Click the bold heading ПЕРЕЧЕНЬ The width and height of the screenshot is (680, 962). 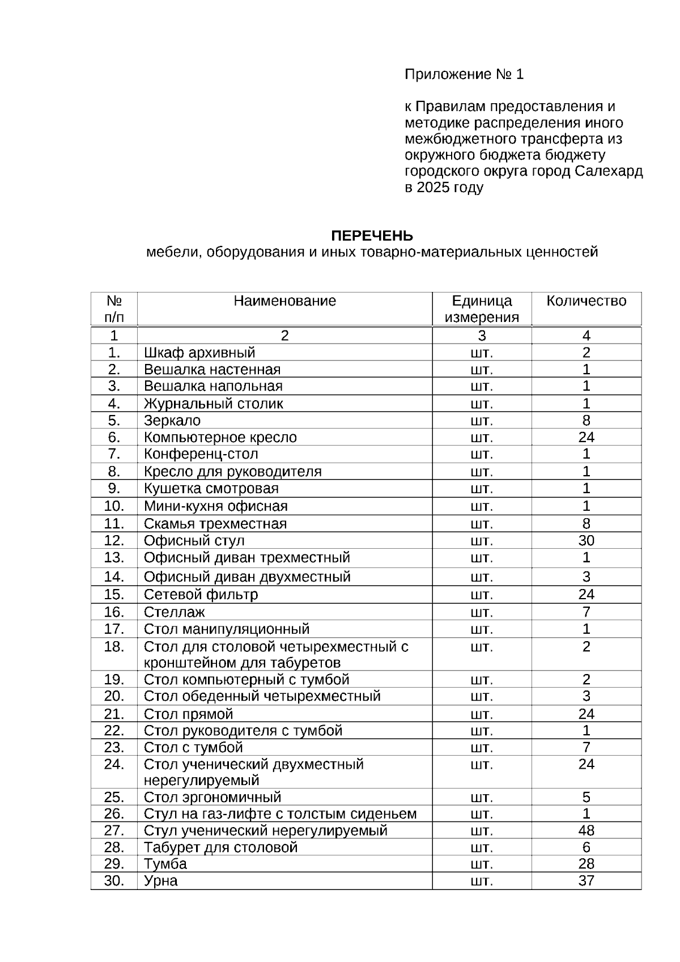pyautogui.click(x=372, y=235)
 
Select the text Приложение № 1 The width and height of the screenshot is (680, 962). pyautogui.click(x=464, y=74)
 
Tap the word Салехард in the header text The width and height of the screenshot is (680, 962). pyautogui.click(x=609, y=171)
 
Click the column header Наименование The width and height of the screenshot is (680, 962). pyautogui.click(x=284, y=300)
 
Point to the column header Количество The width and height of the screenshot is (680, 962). pyautogui.click(x=586, y=300)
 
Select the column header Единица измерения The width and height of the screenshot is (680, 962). pyautogui.click(x=482, y=308)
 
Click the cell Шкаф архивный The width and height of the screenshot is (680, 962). pyautogui.click(x=199, y=353)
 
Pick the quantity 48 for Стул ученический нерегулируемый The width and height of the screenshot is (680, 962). pyautogui.click(x=586, y=830)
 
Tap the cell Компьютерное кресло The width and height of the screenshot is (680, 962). pyautogui.click(x=220, y=437)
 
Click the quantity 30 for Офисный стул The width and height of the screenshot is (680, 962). pyautogui.click(x=586, y=540)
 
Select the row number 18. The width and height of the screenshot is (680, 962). pyautogui.click(x=114, y=647)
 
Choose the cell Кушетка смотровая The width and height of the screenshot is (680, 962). pyautogui.click(x=211, y=489)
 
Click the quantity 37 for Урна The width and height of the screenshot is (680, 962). pyautogui.click(x=586, y=880)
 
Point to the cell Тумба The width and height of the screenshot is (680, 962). pyautogui.click(x=165, y=864)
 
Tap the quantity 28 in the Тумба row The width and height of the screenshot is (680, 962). pyautogui.click(x=586, y=864)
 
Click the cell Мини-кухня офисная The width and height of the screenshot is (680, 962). pyautogui.click(x=215, y=506)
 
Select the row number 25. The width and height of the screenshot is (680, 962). pyautogui.click(x=114, y=797)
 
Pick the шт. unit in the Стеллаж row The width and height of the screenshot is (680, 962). pyautogui.click(x=482, y=612)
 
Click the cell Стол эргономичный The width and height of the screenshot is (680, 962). pyautogui.click(x=212, y=797)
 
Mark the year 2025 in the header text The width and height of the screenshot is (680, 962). pyautogui.click(x=432, y=188)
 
